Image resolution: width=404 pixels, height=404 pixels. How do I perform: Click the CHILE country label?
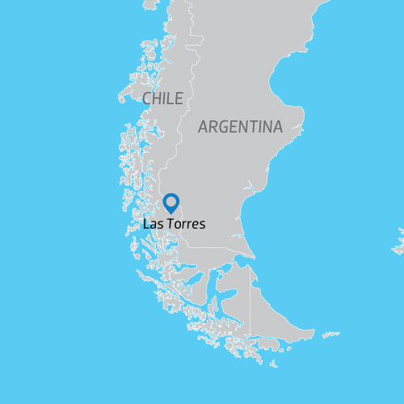pos(162,99)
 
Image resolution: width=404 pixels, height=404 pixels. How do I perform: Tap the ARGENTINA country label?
pos(240,127)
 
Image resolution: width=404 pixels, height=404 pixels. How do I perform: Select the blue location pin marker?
pos(170,203)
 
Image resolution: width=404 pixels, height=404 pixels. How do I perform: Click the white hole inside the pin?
pos(170,201)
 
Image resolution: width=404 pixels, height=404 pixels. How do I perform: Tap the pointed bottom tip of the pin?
pos(170,213)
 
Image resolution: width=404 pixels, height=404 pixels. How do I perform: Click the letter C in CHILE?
pos(147,99)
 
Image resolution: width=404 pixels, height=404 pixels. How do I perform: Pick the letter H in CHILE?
pos(157,99)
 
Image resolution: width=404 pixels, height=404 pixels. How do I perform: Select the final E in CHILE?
pos(179,99)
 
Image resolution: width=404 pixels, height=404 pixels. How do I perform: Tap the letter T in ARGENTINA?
pos(257,127)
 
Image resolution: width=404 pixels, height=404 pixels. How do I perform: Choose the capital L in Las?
pos(146,224)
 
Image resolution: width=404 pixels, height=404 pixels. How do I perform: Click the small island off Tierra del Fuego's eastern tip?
pos(330,334)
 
